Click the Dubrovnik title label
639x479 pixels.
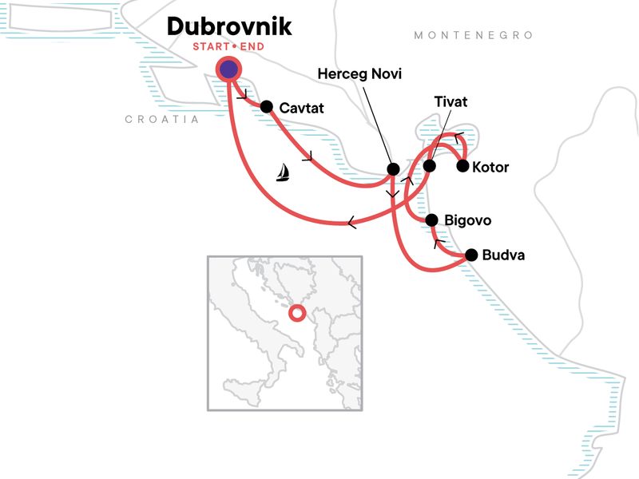click(x=229, y=26)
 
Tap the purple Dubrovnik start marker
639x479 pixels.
click(x=229, y=69)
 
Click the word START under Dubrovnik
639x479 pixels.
click(x=210, y=46)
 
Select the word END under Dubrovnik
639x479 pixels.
click(x=251, y=46)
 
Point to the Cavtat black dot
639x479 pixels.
click(x=267, y=107)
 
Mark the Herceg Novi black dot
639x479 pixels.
click(x=393, y=169)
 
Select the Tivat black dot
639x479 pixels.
click(x=429, y=166)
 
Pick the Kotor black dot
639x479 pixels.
click(x=462, y=167)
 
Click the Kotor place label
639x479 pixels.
click(x=490, y=168)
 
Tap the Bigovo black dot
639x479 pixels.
click(x=431, y=220)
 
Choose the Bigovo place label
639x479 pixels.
click(x=469, y=220)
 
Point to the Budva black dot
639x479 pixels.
click(x=470, y=255)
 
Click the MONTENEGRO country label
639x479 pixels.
click(x=473, y=35)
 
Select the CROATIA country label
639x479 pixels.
click(x=162, y=119)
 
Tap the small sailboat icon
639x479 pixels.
click(x=282, y=172)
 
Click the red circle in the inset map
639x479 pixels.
click(x=296, y=314)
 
